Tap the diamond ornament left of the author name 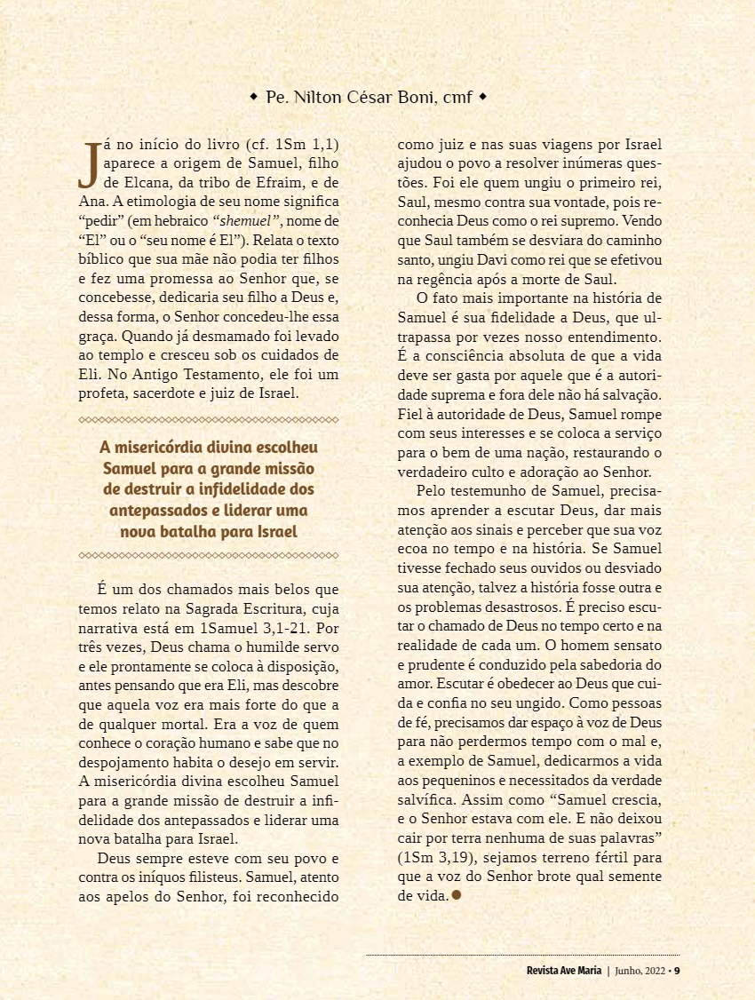tap(254, 96)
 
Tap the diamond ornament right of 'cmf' tap(483, 96)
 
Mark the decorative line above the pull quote tap(209, 419)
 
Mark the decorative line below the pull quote tap(209, 555)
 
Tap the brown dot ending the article tap(457, 895)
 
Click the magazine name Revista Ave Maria tap(563, 970)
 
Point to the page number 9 tap(677, 970)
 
